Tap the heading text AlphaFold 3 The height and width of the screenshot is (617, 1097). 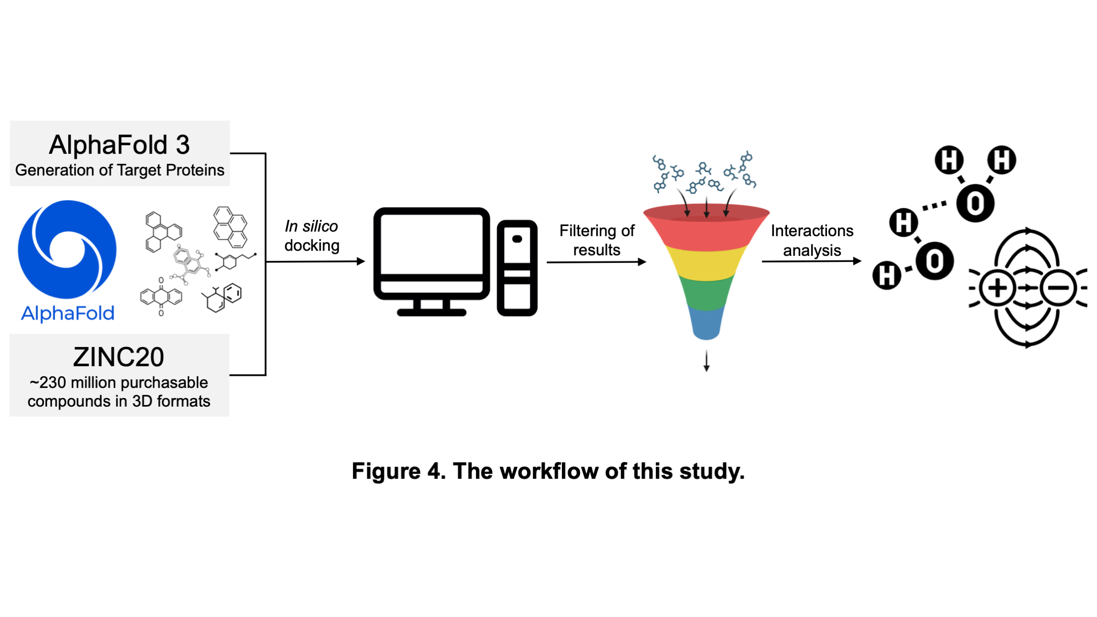(x=119, y=145)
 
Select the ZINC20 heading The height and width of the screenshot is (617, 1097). (x=119, y=357)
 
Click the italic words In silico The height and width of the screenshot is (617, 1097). (x=311, y=226)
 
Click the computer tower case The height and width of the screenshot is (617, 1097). (x=517, y=268)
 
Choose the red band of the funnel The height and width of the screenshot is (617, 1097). (x=706, y=228)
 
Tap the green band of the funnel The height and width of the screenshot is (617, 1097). (x=706, y=292)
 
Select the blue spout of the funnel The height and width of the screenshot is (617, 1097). (x=706, y=323)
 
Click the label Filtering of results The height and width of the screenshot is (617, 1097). (x=597, y=240)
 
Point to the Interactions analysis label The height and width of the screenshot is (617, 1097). (x=812, y=240)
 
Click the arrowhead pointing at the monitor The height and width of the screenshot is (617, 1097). (x=361, y=261)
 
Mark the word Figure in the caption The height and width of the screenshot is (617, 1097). (x=386, y=471)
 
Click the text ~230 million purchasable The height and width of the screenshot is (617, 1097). (x=119, y=382)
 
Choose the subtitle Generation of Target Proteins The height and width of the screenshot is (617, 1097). (x=119, y=170)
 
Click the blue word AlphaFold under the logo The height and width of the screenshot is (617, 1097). (x=67, y=314)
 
